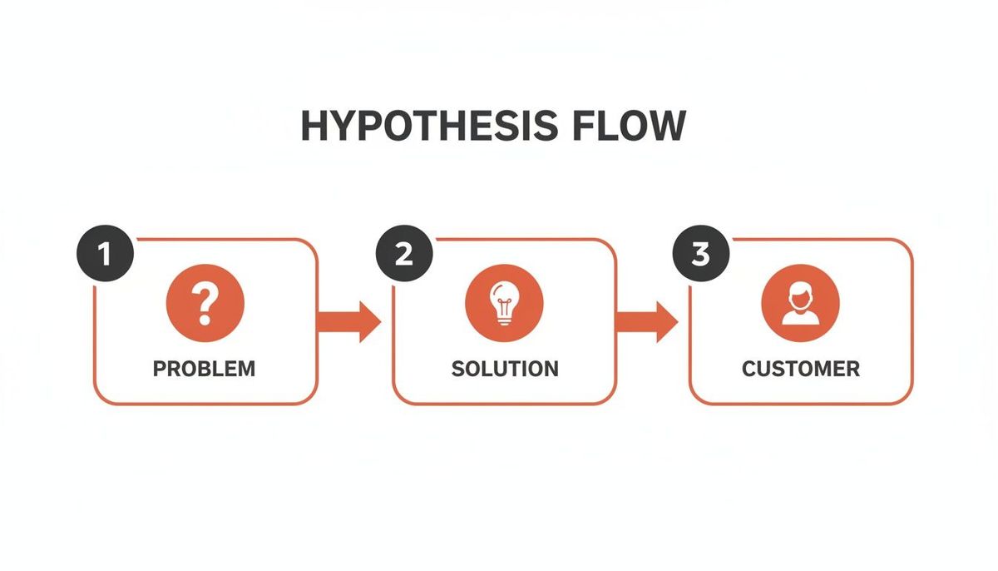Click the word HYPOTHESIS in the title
tap(428, 126)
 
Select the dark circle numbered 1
tap(104, 254)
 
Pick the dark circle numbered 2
tap(404, 254)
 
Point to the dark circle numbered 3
tap(701, 254)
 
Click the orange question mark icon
tap(205, 302)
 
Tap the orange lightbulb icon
tap(504, 302)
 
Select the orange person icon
tap(800, 302)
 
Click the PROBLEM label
tap(205, 369)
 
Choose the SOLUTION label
tap(505, 369)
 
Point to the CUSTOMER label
tap(801, 369)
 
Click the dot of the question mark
tap(205, 320)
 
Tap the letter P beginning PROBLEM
tap(159, 369)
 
